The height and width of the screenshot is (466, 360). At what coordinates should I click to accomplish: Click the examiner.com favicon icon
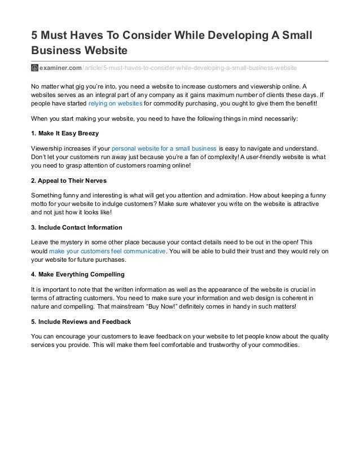34,68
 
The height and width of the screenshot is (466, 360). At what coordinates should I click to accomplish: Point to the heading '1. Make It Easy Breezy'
65,133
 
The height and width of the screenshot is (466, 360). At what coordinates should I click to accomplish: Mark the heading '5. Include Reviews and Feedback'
81,322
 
